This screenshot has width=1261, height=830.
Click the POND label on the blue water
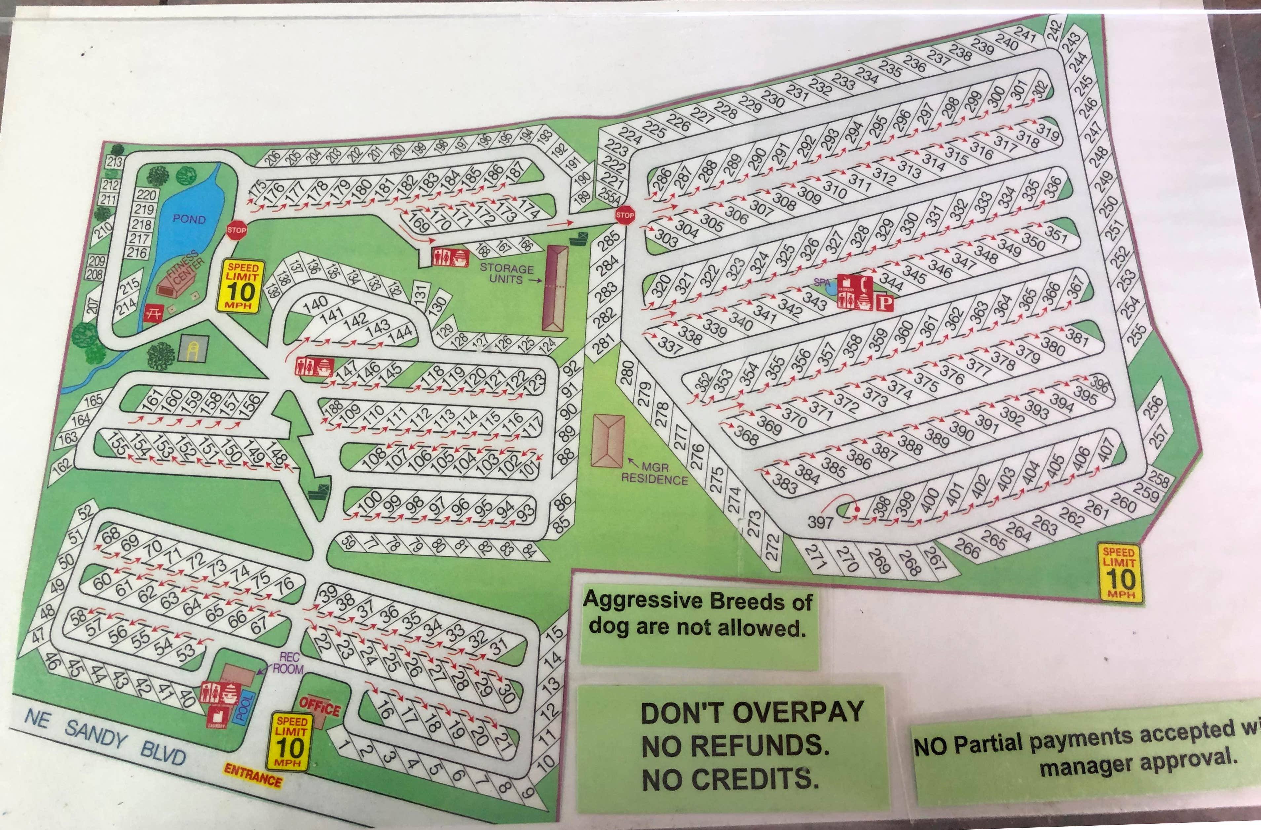pyautogui.click(x=189, y=219)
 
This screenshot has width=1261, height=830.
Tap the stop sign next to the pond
pyautogui.click(x=236, y=230)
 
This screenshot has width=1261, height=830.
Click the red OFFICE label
pyautogui.click(x=319, y=706)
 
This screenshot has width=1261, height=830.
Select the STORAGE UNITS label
pyautogui.click(x=506, y=273)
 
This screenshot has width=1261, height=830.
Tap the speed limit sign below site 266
pyautogui.click(x=1119, y=572)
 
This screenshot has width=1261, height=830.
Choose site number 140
pyautogui.click(x=316, y=303)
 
